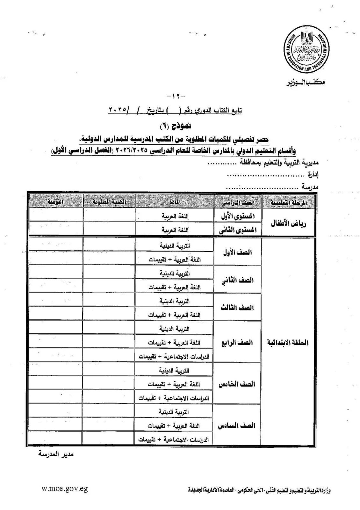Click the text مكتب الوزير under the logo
[305, 82]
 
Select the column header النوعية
[55, 202]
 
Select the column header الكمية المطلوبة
[109, 202]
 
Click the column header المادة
[174, 202]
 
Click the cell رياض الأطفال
[289, 223]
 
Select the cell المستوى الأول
[238, 216]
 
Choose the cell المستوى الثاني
[238, 230]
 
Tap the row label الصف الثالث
[237, 308]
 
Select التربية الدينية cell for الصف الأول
[175, 246]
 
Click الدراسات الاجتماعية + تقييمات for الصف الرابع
[174, 357]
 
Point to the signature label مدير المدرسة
[56, 454]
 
